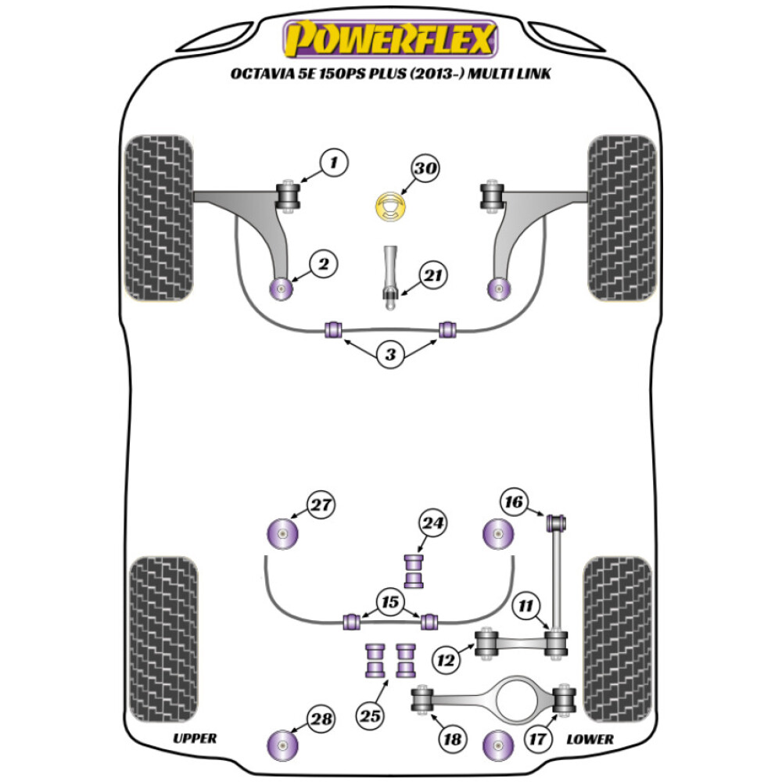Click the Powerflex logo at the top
point(391,39)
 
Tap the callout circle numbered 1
point(334,163)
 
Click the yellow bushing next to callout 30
point(390,209)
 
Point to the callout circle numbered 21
point(432,274)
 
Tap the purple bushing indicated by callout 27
point(282,535)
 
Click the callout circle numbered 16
point(515,501)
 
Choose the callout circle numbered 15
point(388,602)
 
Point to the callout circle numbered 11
point(526,604)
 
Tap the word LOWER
point(590,738)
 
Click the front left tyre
point(160,218)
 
